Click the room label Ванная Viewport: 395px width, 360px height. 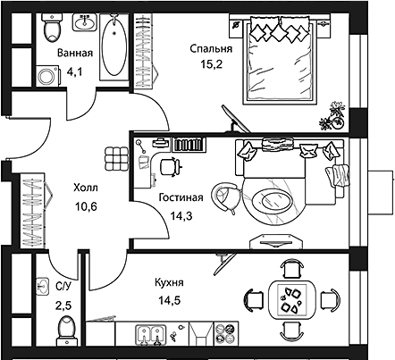(x=75, y=53)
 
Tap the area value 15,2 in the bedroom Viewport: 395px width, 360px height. (x=212, y=64)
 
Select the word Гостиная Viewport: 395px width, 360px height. (x=181, y=197)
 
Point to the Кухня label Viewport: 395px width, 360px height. (x=169, y=282)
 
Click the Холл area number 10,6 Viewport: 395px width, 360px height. (x=86, y=206)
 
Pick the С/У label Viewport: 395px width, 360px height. (x=63, y=287)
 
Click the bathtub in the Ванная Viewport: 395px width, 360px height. (x=114, y=46)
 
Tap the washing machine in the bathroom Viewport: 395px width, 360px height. (x=47, y=76)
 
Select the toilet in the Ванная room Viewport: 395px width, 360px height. (x=52, y=28)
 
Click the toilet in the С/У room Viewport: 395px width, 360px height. (x=66, y=331)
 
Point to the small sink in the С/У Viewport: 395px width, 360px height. (x=42, y=287)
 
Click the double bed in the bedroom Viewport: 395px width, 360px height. (x=279, y=60)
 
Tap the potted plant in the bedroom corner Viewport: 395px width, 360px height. (x=332, y=116)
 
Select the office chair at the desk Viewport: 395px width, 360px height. (x=170, y=167)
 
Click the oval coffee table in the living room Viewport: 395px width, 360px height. (x=273, y=202)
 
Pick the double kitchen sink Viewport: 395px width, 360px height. (x=151, y=335)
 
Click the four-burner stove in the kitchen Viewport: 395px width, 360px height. (x=226, y=333)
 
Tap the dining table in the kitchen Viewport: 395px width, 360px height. (x=292, y=300)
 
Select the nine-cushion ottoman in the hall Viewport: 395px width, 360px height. (x=116, y=159)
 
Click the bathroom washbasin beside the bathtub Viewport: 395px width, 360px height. (x=85, y=22)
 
